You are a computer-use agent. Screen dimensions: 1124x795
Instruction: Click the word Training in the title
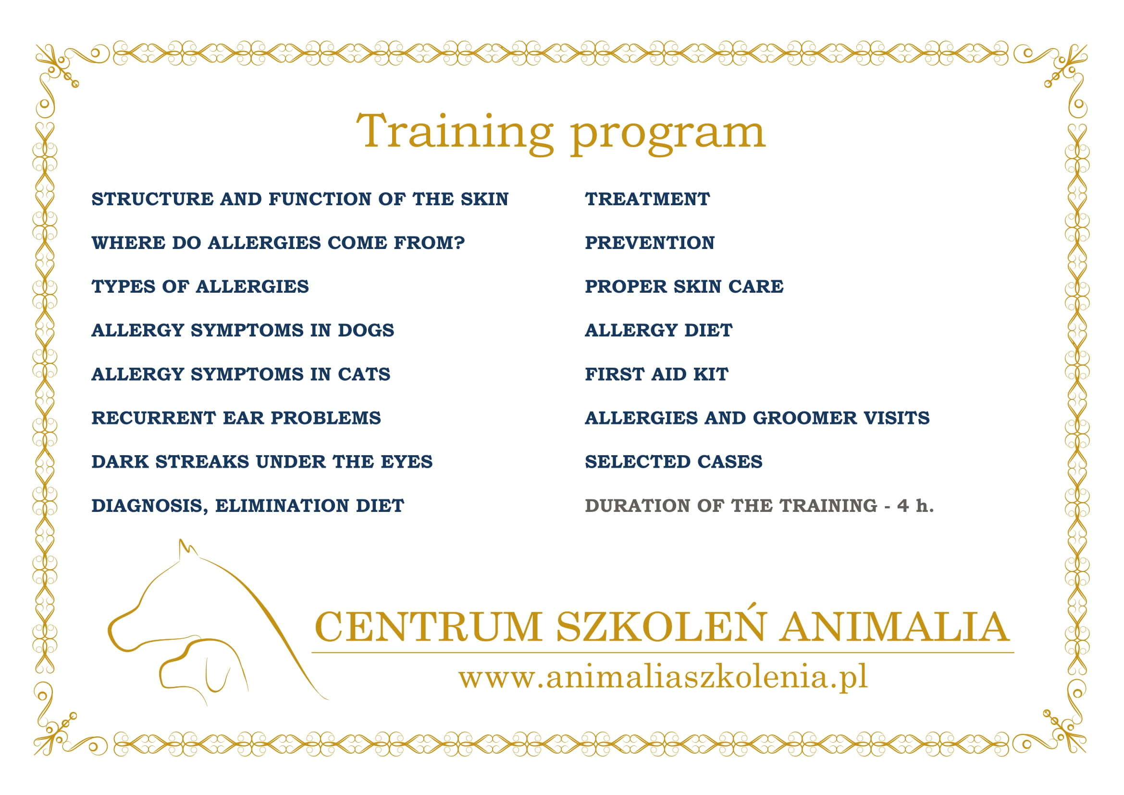coord(455,132)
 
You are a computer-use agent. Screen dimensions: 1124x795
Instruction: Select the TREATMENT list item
coord(647,199)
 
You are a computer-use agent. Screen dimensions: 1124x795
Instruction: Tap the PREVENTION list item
coord(650,243)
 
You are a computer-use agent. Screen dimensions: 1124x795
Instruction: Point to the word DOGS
coord(366,330)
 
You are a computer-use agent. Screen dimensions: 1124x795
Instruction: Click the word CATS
coord(364,374)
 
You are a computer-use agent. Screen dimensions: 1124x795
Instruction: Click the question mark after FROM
coord(459,243)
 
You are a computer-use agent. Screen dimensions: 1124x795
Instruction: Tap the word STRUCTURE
coord(153,199)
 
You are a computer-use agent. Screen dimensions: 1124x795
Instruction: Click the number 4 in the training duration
coord(903,506)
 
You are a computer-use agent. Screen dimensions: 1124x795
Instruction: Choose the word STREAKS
coord(202,461)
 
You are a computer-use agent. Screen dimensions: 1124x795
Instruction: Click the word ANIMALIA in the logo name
coord(894,627)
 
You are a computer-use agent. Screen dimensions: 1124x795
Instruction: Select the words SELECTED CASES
coord(674,461)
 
